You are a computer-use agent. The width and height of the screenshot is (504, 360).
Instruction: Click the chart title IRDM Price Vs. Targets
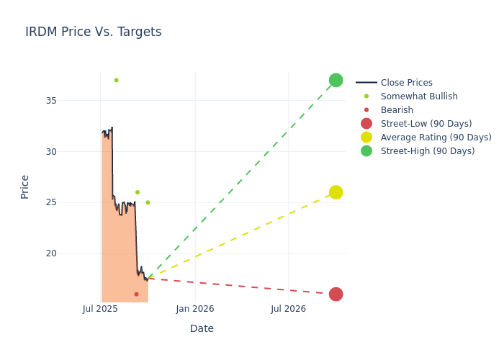point(94,32)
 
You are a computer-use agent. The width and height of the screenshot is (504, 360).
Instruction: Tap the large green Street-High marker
point(336,80)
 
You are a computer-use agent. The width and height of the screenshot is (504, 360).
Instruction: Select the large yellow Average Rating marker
point(336,192)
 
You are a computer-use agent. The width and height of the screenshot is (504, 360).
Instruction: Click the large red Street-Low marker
point(336,294)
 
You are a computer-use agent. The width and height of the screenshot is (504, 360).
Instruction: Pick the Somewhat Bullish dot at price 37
point(116,80)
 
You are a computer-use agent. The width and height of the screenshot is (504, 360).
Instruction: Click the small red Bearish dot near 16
point(136,294)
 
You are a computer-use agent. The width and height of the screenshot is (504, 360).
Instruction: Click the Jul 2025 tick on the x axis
point(100,309)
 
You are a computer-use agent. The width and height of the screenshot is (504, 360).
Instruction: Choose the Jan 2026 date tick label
point(195,309)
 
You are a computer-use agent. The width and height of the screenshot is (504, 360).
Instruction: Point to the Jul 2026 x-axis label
point(288,309)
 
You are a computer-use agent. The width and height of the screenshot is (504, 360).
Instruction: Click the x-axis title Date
point(202,329)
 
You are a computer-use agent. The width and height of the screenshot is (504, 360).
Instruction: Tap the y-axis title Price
point(25,186)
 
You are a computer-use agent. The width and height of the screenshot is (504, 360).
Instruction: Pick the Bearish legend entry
point(397,110)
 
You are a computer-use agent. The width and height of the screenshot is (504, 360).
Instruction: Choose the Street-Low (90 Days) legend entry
point(426,124)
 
